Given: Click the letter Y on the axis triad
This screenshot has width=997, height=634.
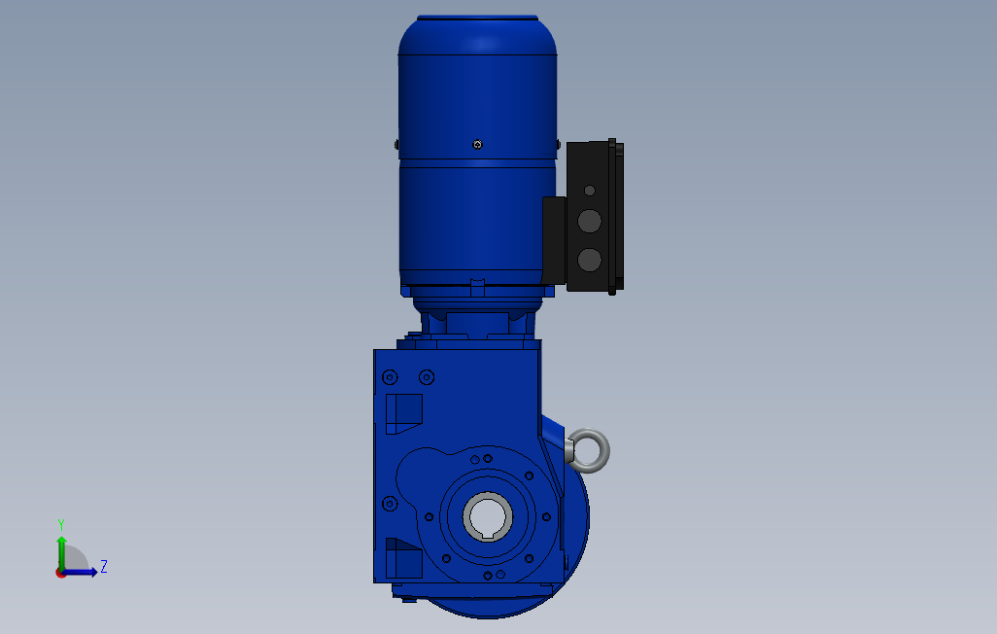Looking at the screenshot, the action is pos(61,525).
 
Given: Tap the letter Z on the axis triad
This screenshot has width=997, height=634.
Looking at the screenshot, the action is pos(104,566).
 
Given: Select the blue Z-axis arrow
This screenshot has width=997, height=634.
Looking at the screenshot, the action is pos(79,573).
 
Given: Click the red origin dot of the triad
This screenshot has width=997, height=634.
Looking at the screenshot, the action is pos(60,573).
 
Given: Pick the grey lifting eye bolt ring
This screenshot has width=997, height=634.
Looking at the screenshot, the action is pos(588,450).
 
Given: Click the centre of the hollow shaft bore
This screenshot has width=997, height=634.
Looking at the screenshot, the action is pos(488,515).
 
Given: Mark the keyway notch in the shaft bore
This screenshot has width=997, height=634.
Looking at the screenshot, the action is pos(488,536).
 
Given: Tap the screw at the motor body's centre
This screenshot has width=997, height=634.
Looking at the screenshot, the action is pos(477,145).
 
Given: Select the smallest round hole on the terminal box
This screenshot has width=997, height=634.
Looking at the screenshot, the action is pos(590,191).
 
